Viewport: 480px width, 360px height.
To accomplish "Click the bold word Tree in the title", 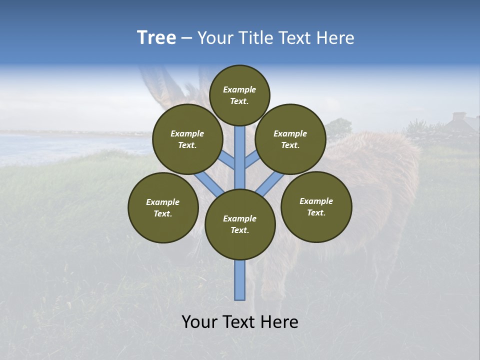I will coord(156,38).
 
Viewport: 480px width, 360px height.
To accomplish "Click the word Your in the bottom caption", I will coord(199,322).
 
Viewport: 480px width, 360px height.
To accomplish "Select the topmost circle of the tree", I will coord(239,95).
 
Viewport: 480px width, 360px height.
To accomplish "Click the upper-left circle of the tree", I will coord(187,139).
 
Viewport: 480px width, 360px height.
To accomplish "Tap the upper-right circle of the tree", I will coord(290,139).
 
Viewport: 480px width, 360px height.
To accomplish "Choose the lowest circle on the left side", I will coord(163,207).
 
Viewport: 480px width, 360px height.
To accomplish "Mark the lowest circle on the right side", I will coord(316,206).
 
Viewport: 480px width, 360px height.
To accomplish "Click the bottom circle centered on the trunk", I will coord(240,224).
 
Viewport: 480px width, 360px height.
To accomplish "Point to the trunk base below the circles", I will coord(240,280).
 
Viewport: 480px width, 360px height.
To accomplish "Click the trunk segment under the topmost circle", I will coord(240,150).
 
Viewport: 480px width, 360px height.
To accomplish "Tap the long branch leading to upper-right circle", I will coord(270,182).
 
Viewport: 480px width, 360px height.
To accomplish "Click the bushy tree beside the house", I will coord(339,127).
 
